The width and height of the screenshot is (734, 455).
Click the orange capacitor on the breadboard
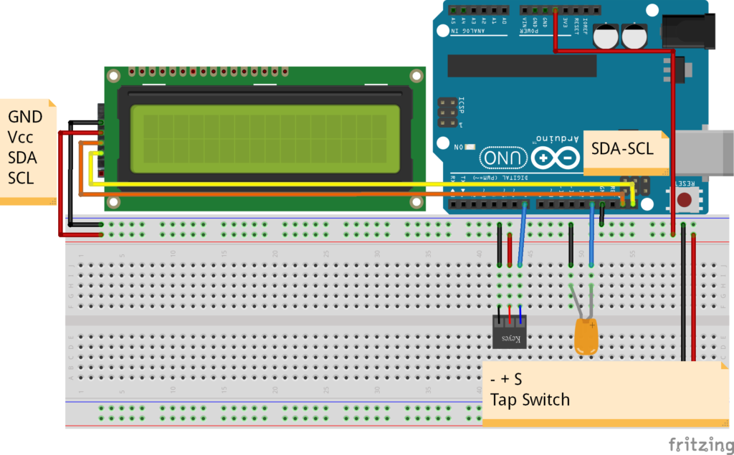click(587, 335)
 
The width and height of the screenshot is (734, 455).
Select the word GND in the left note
click(25, 117)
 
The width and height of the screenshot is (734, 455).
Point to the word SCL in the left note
click(21, 177)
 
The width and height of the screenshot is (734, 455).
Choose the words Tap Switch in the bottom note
click(530, 399)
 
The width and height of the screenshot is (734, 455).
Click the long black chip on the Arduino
click(522, 65)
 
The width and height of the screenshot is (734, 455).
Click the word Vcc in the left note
click(21, 137)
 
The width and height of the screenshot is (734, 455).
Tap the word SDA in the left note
click(22, 157)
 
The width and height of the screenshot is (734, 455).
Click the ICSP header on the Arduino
click(447, 112)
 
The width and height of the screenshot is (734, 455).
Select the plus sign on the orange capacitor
click(594, 325)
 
